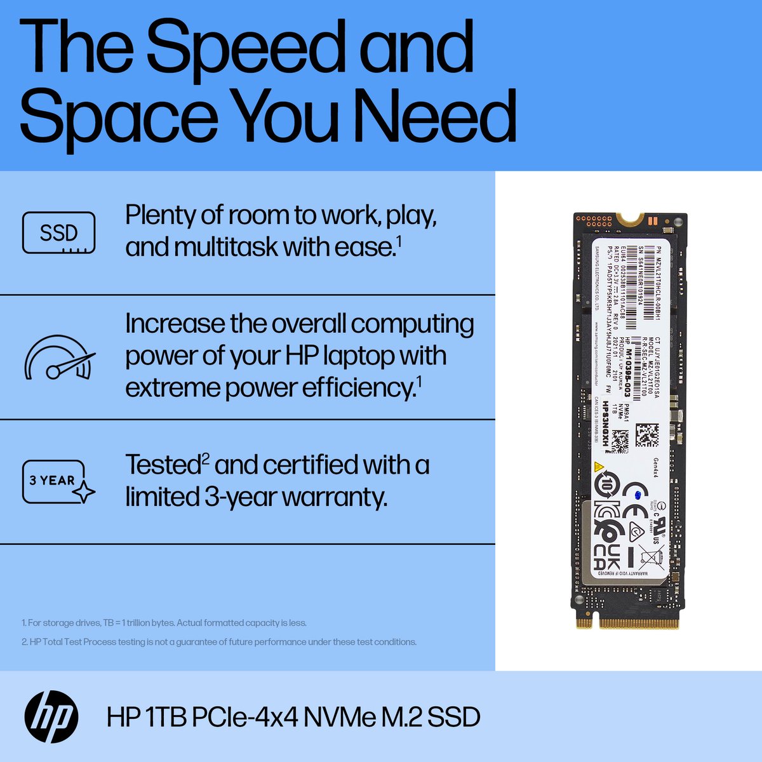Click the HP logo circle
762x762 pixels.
(51, 717)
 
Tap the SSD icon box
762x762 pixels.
(58, 233)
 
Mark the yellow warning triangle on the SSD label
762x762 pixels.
(598, 467)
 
